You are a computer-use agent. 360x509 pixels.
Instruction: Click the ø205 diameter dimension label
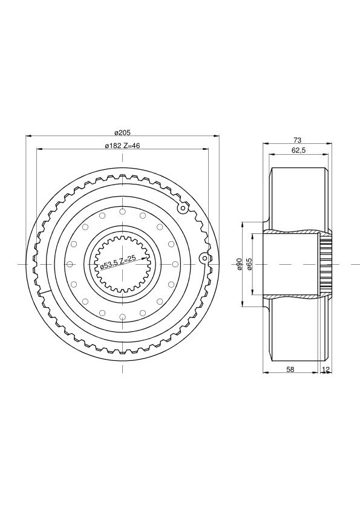tap(122, 132)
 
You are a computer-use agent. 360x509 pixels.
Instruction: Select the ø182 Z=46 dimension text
tap(122, 146)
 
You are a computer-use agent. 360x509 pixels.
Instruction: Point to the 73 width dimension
tap(297, 140)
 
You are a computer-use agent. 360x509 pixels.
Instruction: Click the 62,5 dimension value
tap(299, 151)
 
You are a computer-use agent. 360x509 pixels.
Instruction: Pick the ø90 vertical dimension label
tap(239, 264)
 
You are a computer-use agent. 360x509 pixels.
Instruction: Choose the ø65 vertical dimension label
tap(249, 264)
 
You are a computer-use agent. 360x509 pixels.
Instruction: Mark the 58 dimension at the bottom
tap(290, 369)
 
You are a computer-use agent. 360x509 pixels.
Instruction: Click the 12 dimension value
tap(326, 369)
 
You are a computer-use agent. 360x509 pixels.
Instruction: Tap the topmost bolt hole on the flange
tap(122, 212)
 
